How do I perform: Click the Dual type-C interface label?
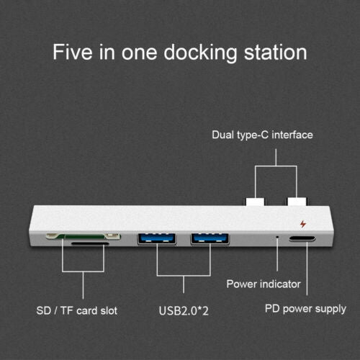261,135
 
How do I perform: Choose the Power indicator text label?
264,284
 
